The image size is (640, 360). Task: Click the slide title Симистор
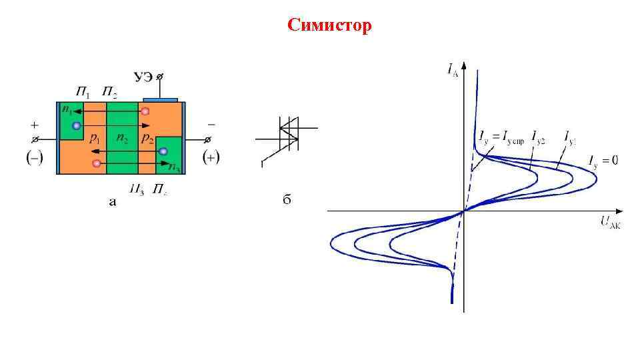(329, 25)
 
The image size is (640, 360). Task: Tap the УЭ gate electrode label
(143, 78)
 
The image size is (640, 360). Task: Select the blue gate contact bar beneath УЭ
(161, 99)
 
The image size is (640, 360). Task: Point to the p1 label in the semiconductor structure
(95, 139)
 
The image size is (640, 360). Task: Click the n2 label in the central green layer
(122, 139)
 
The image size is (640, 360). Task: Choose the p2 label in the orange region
(147, 139)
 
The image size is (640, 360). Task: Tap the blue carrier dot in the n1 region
(77, 125)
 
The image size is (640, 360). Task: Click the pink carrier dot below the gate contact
(145, 111)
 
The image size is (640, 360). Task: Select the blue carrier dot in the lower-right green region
(163, 152)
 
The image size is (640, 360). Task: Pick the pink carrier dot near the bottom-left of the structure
(97, 163)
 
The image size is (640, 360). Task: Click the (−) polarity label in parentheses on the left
(34, 157)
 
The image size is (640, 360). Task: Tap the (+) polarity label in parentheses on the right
(211, 158)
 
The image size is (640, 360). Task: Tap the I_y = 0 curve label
(603, 160)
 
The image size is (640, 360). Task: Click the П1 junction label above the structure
(83, 90)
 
